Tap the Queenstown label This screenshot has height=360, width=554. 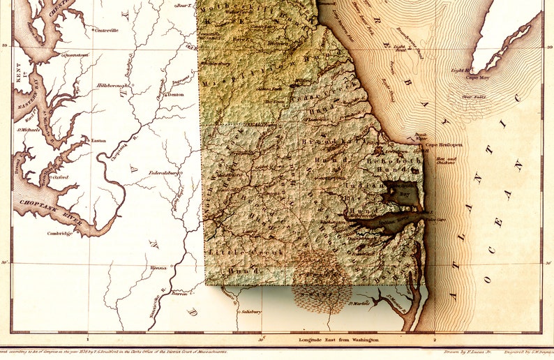click(x=76, y=54)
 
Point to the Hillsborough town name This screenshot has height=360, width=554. click(x=114, y=85)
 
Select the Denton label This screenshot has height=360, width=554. click(x=176, y=94)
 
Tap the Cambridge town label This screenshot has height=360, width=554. click(x=60, y=233)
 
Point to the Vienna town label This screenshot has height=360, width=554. click(x=158, y=267)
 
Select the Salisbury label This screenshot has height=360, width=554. click(x=250, y=311)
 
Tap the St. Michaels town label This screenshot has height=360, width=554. click(x=28, y=129)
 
